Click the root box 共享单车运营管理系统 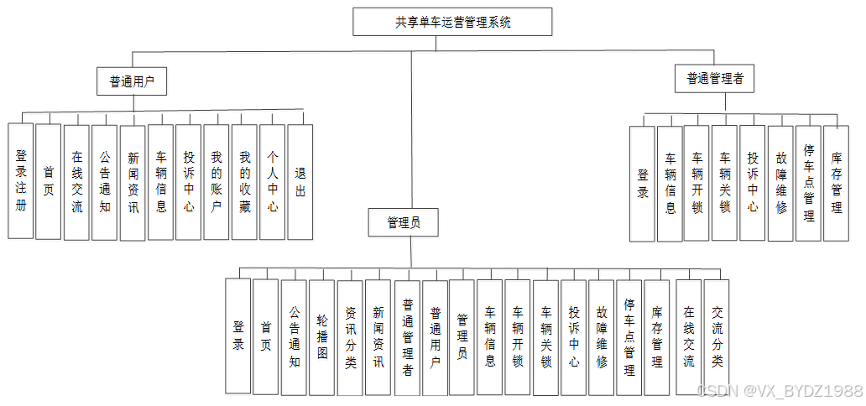[x=452, y=22]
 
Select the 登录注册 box [x=21, y=181]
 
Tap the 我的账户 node [x=216, y=181]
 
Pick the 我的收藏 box [x=244, y=181]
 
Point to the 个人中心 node [x=272, y=181]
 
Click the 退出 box [x=300, y=181]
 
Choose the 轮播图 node [x=322, y=336]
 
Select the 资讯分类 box [x=350, y=336]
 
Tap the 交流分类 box [x=716, y=336]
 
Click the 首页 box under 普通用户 [x=49, y=181]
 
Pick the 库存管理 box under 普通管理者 [x=836, y=183]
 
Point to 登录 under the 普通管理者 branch [x=642, y=184]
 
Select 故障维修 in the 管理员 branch [x=601, y=336]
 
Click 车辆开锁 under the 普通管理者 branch [x=696, y=183]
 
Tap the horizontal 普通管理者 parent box [x=714, y=79]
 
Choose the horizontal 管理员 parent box [x=404, y=222]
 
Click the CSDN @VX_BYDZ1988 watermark [x=780, y=390]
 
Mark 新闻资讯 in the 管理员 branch [x=378, y=336]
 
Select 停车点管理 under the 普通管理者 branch [x=808, y=183]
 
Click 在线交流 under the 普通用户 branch [x=76, y=181]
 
